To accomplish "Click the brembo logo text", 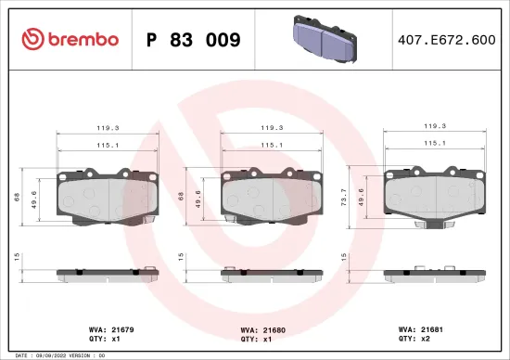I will point(81,39).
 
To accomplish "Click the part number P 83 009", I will point(194,40).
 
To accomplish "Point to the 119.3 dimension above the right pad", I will point(434,125).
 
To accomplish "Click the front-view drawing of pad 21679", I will point(108,197).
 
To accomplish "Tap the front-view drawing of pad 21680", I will point(270,197).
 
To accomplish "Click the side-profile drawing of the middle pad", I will point(270,274).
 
